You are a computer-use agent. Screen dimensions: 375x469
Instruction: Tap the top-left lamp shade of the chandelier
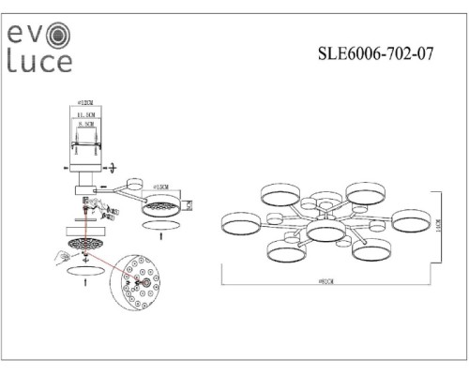[x=279, y=194]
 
